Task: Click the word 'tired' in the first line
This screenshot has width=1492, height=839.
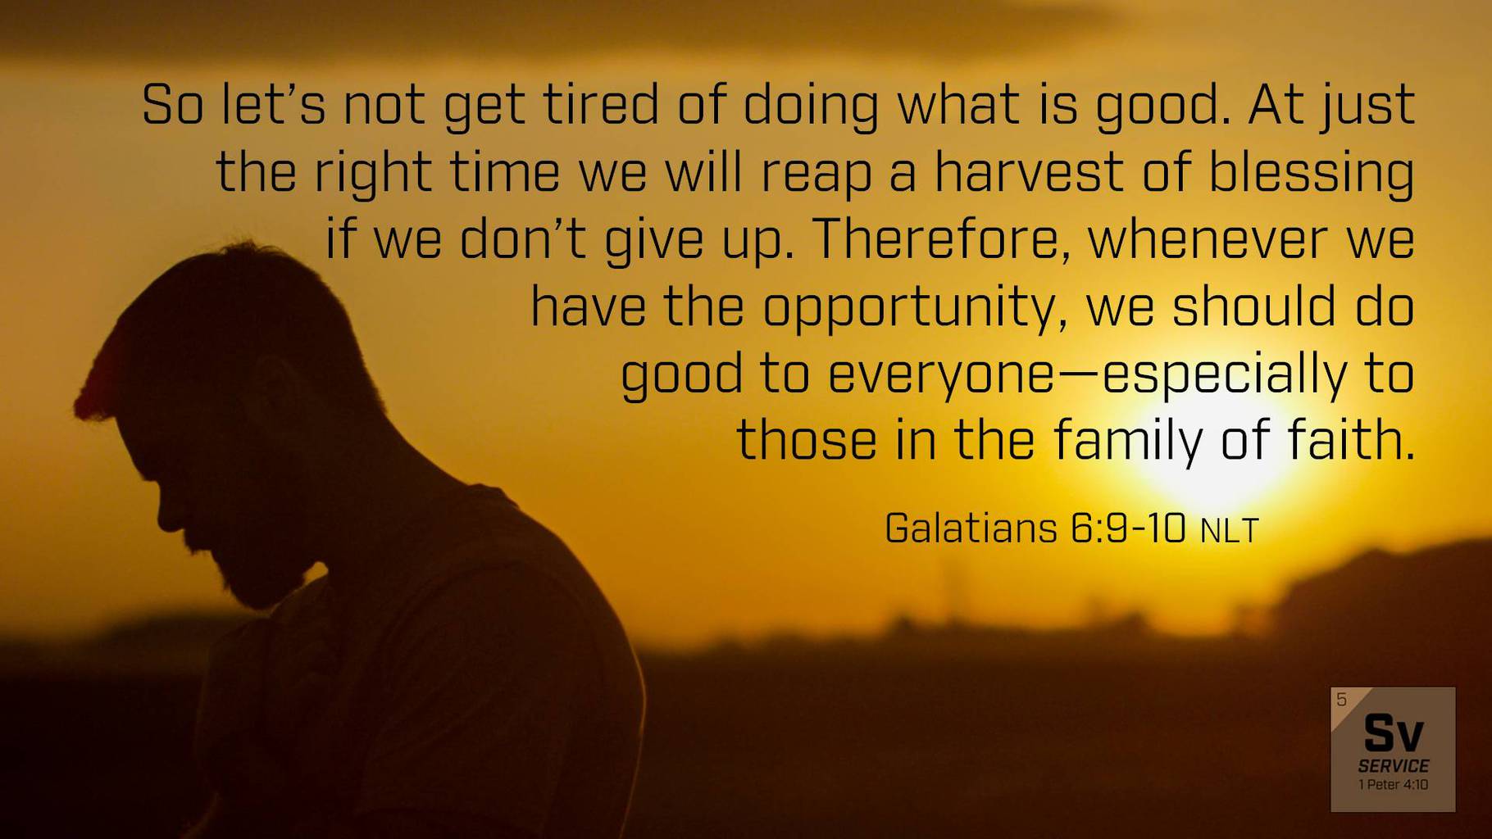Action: [x=601, y=105]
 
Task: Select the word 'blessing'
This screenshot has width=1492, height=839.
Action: [x=1312, y=175]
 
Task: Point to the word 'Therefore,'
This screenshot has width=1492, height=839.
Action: [x=942, y=239]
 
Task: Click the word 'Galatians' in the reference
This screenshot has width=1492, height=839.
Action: [x=971, y=528]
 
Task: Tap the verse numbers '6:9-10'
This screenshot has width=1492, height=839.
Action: [x=1128, y=528]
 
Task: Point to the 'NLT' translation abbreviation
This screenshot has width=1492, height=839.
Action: [x=1229, y=531]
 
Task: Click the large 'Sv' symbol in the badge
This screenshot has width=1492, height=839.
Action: [x=1393, y=733]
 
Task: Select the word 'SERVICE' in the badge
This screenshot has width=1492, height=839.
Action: [x=1393, y=766]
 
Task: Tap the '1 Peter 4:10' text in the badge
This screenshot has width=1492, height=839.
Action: [x=1393, y=785]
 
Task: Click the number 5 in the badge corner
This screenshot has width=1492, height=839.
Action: [x=1341, y=700]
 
